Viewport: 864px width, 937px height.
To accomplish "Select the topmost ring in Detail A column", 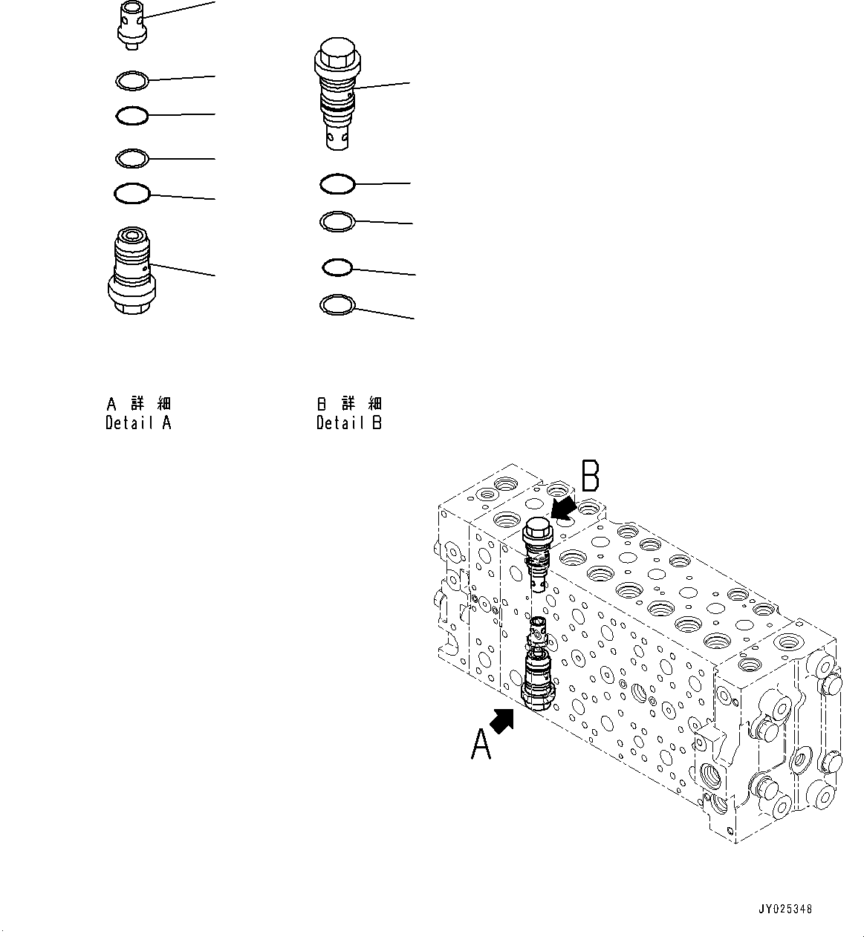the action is pyautogui.click(x=133, y=79).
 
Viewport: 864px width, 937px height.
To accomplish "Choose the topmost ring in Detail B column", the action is pyautogui.click(x=337, y=184).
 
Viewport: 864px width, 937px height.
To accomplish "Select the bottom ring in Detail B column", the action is pyautogui.click(x=337, y=304).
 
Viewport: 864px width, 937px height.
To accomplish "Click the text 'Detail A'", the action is pyautogui.click(x=138, y=424).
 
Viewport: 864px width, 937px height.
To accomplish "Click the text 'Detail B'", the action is pyautogui.click(x=348, y=424).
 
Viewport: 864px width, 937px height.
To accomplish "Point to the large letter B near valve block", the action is pyautogui.click(x=591, y=476).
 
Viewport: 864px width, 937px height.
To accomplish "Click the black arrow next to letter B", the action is pyautogui.click(x=565, y=509).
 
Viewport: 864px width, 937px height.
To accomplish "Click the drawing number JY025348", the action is pyautogui.click(x=785, y=909).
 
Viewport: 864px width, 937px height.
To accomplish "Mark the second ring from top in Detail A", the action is pyautogui.click(x=132, y=116).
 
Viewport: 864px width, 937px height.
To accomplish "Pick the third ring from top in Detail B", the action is pyautogui.click(x=337, y=267).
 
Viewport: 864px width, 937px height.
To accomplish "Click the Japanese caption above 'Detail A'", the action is pyautogui.click(x=138, y=404).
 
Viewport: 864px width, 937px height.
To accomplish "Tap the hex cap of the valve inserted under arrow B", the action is pyautogui.click(x=537, y=530).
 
